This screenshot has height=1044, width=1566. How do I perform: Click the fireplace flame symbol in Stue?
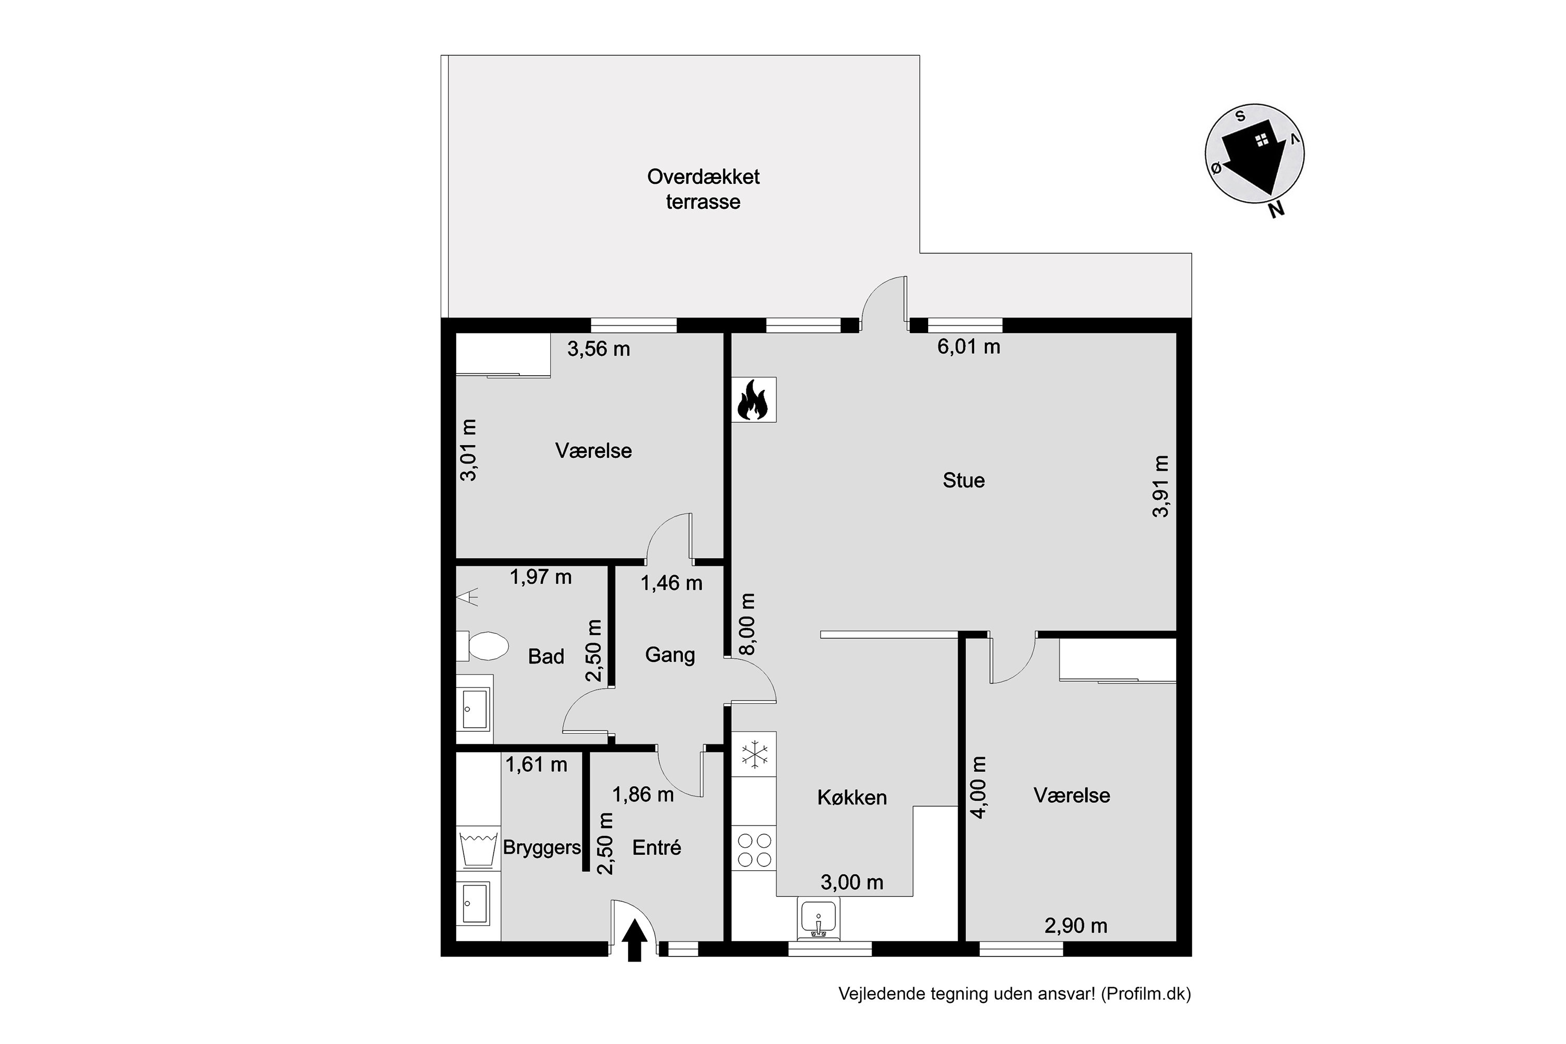pos(753,399)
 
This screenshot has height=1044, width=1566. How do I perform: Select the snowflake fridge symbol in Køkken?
pos(754,755)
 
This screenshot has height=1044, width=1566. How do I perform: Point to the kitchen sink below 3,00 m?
pos(818,919)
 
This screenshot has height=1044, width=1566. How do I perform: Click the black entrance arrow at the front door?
pos(635,940)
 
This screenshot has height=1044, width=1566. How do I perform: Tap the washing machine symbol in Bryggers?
pos(479,848)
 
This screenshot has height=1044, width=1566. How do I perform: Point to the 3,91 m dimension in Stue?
pos(1160,486)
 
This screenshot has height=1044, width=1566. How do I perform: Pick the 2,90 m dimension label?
pos(1076,926)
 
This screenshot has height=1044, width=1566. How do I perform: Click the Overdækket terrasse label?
pos(703,189)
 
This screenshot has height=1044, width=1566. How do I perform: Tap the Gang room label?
pos(670,655)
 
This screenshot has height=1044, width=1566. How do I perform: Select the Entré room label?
pos(657,848)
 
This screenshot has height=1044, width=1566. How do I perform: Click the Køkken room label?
pos(852,798)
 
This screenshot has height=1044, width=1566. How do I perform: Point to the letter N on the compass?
pos(1276,210)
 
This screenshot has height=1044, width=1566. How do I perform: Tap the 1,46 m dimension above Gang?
pos(671,583)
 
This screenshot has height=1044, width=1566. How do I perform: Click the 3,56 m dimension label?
pos(599,349)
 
